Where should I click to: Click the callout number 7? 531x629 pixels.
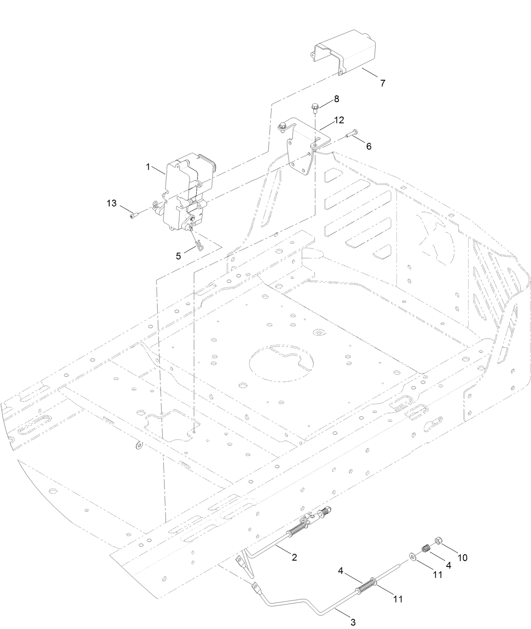coord(382,83)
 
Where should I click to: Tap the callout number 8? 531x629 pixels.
coord(336,99)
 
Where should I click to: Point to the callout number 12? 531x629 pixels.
coord(339,120)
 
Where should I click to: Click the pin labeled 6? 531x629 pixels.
coord(352,134)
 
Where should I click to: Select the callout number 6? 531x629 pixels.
coord(368,146)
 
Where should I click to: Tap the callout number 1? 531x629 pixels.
coord(148,167)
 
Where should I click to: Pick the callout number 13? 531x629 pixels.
coord(111,203)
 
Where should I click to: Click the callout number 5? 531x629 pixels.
coord(179,256)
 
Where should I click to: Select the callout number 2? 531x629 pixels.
coord(294,557)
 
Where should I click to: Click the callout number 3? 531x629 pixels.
coord(353,622)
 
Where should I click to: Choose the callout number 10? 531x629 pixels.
coord(462,558)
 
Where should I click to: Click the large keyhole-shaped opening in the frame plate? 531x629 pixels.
coord(282,364)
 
